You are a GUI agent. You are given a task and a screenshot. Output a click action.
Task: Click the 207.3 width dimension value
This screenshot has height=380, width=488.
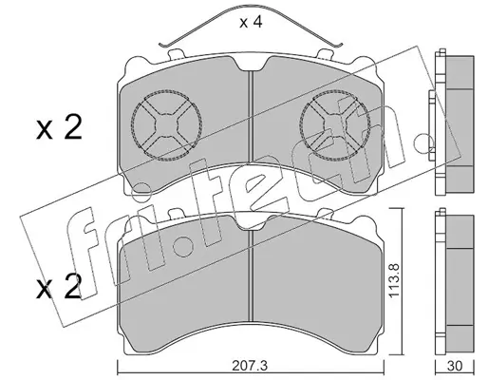click(250, 366)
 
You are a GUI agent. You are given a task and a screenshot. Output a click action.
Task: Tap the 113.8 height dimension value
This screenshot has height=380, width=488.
click(395, 281)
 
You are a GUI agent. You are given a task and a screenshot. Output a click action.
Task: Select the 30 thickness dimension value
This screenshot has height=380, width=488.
click(455, 366)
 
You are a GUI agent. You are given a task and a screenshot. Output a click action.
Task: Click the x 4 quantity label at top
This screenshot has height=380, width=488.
click(251, 23)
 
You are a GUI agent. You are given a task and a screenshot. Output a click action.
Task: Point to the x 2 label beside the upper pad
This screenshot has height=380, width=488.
click(59, 129)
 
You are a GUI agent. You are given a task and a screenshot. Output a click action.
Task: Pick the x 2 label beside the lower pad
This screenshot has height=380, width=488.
click(59, 289)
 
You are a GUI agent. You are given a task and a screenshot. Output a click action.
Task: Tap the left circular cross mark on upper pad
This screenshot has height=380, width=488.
click(166, 124)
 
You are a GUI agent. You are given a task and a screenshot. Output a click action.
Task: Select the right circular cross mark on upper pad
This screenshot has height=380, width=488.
click(335, 124)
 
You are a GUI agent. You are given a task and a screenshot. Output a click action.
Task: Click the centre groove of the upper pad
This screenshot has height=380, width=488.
click(251, 117)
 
